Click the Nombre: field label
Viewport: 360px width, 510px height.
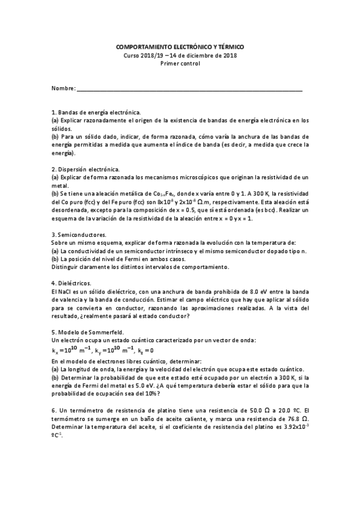click(63, 88)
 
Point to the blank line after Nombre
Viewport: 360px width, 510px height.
click(189, 90)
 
